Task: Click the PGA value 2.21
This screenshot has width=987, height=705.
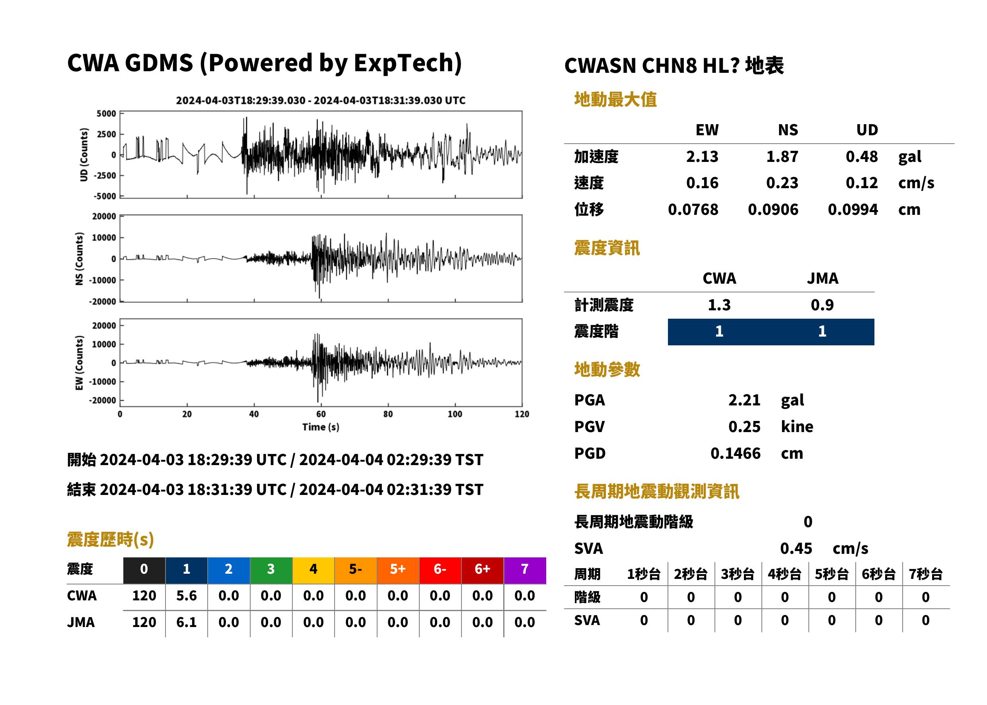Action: pyautogui.click(x=744, y=400)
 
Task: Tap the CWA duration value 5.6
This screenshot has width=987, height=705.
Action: pyautogui.click(x=186, y=596)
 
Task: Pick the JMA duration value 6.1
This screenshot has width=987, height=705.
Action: pyautogui.click(x=186, y=622)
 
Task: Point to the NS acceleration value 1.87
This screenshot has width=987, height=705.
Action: pyautogui.click(x=782, y=156)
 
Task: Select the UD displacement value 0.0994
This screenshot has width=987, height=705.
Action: pyautogui.click(x=853, y=209)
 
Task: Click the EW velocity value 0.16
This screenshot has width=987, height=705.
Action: pyautogui.click(x=702, y=183)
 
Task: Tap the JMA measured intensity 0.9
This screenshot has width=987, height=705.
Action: pyautogui.click(x=822, y=305)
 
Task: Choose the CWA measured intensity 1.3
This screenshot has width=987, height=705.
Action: pyautogui.click(x=719, y=305)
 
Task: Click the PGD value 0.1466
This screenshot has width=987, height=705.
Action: pyautogui.click(x=735, y=453)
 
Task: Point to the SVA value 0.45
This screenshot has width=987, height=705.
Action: pyautogui.click(x=796, y=548)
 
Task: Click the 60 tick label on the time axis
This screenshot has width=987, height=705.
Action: pyautogui.click(x=321, y=414)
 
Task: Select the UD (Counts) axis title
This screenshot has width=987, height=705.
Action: pyautogui.click(x=84, y=154)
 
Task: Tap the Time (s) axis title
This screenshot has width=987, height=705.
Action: pyautogui.click(x=321, y=427)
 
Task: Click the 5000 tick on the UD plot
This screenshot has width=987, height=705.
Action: pyautogui.click(x=106, y=114)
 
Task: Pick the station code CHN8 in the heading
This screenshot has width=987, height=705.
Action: pyautogui.click(x=669, y=66)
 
